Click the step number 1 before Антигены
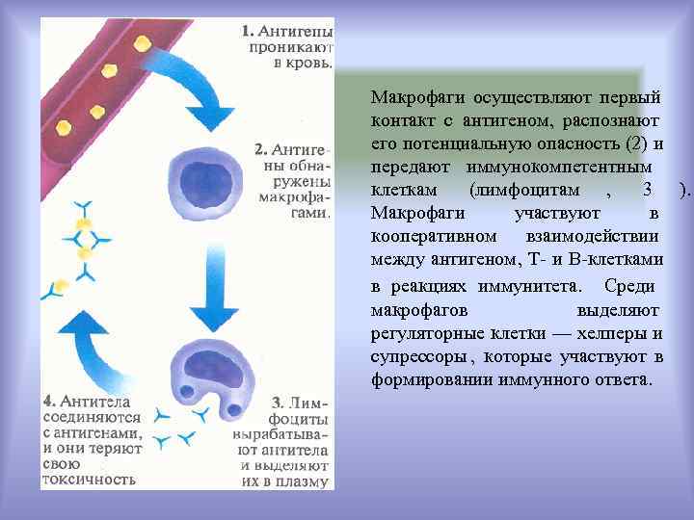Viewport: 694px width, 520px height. pyautogui.click(x=247, y=29)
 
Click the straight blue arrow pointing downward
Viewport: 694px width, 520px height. pyautogui.click(x=219, y=279)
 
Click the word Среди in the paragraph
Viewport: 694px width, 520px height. pyautogui.click(x=628, y=286)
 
